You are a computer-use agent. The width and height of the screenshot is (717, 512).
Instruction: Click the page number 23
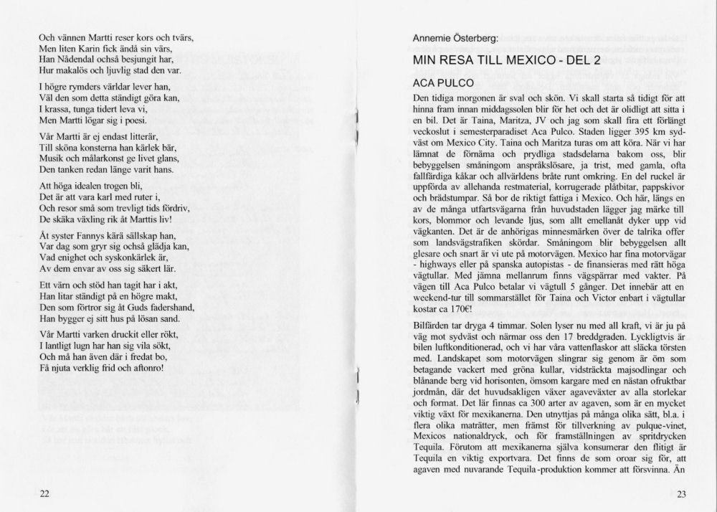click(x=681, y=493)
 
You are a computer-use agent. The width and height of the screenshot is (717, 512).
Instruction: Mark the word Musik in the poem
click(x=51, y=158)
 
